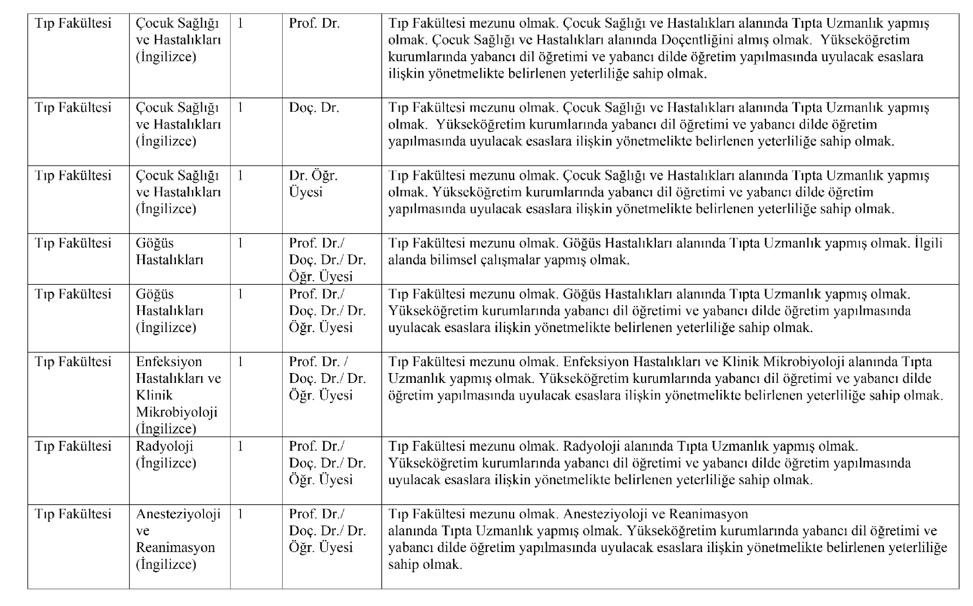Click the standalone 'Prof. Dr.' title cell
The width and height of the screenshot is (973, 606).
(314, 23)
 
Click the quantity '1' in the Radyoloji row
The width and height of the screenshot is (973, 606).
(240, 446)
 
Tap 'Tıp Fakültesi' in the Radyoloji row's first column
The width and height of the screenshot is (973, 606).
(73, 446)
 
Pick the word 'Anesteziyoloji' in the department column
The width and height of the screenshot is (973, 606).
(178, 514)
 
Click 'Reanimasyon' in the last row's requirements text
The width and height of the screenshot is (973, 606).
(708, 514)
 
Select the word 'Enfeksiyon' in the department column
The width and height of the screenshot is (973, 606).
(168, 361)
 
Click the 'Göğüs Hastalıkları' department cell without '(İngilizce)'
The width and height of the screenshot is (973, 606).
(169, 251)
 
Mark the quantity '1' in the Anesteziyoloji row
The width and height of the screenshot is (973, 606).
(240, 514)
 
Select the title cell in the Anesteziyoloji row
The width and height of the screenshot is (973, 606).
(327, 531)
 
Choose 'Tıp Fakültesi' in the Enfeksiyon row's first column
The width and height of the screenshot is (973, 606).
(73, 361)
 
